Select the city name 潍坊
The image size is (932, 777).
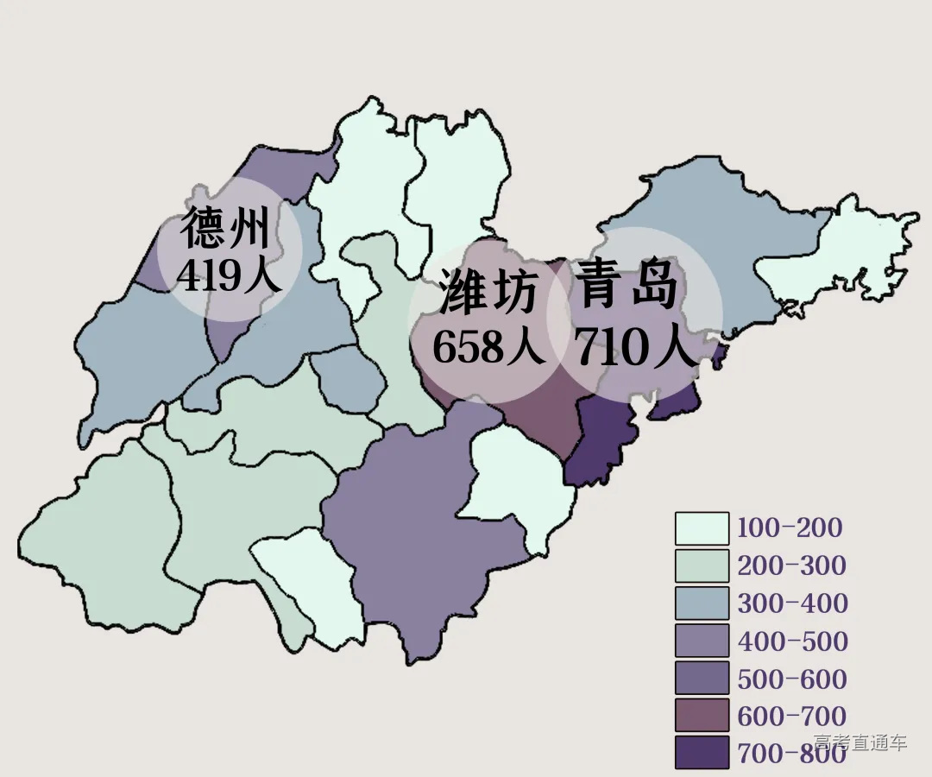pyautogui.click(x=488, y=291)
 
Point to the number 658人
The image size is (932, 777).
pyautogui.click(x=489, y=347)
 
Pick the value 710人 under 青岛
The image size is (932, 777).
pyautogui.click(x=635, y=348)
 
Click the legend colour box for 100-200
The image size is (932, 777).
pyautogui.click(x=702, y=528)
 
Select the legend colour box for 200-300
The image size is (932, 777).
pyautogui.click(x=702, y=566)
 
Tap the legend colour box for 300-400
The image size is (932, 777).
pyautogui.click(x=702, y=603)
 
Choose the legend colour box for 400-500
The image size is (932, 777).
pyautogui.click(x=702, y=641)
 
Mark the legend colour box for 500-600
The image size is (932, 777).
pyautogui.click(x=702, y=679)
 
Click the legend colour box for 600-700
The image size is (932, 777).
pyautogui.click(x=702, y=716)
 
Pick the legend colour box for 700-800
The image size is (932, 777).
pyautogui.click(x=702, y=753)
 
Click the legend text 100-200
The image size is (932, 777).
pyautogui.click(x=789, y=527)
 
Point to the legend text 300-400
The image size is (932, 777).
pyautogui.click(x=792, y=603)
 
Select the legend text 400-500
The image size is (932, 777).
pyautogui.click(x=792, y=641)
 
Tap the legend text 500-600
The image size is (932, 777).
pyautogui.click(x=792, y=679)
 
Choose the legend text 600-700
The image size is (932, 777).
pyautogui.click(x=792, y=716)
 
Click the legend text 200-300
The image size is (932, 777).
pyautogui.click(x=791, y=565)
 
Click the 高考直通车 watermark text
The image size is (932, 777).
pyautogui.click(x=860, y=742)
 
